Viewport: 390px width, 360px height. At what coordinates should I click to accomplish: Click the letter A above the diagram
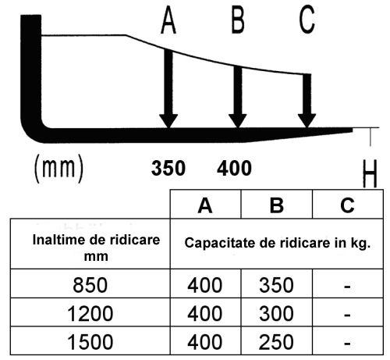tap(168, 20)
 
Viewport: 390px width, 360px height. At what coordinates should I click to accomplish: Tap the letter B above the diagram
tap(238, 20)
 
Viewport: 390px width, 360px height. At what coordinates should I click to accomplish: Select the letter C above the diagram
tap(307, 20)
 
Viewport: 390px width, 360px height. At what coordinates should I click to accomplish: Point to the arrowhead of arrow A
tap(168, 121)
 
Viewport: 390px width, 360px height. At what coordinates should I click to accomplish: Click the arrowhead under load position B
tap(238, 121)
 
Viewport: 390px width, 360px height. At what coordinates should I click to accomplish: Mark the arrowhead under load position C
tap(307, 121)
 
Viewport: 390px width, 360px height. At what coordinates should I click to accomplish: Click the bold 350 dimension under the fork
tap(168, 168)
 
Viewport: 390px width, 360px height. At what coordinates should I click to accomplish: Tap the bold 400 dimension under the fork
tap(234, 168)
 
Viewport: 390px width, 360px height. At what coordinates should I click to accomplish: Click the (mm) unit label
tap(59, 168)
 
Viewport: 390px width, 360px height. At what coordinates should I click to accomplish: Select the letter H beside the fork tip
tap(370, 173)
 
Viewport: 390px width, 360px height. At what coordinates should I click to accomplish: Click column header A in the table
tap(205, 205)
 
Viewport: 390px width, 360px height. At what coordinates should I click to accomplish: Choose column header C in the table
tap(347, 205)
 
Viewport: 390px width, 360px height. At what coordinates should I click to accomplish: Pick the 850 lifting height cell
tap(90, 285)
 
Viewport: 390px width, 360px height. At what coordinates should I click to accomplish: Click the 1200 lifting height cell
tap(90, 313)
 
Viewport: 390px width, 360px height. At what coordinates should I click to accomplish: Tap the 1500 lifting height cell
tap(90, 342)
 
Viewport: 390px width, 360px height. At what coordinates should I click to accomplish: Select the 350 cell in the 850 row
tap(276, 285)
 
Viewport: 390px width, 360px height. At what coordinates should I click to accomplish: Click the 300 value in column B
tap(276, 313)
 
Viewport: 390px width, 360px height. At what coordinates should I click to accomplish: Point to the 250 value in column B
tap(276, 342)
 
